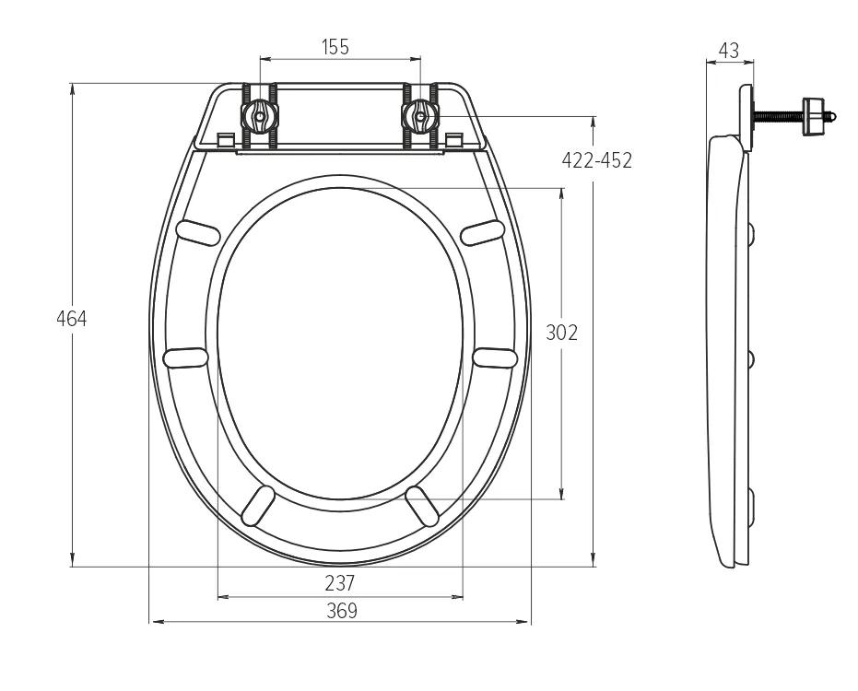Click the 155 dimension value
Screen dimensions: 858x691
point(335,47)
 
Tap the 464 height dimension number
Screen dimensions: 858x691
point(72,319)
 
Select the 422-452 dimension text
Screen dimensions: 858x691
point(597,160)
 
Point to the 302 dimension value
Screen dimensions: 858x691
point(561,333)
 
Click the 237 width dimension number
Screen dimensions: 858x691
point(340,583)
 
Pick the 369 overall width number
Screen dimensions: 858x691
point(341,611)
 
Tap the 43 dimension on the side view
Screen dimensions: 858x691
point(728,51)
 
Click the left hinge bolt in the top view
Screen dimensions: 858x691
point(259,115)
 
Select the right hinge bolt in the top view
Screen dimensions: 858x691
point(420,115)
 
